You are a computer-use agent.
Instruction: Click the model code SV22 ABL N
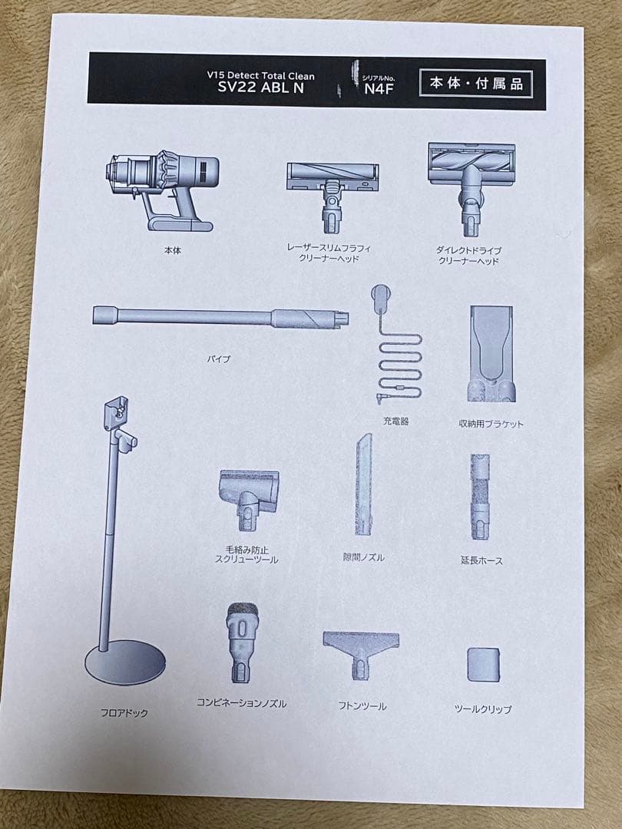(261, 88)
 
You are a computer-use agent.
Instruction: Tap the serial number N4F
(379, 89)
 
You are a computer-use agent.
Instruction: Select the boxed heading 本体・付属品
(475, 84)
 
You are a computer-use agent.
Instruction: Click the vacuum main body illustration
(162, 190)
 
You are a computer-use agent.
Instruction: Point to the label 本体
(173, 250)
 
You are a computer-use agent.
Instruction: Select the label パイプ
(218, 359)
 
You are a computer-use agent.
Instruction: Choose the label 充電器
(395, 421)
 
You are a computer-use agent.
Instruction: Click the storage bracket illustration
(491, 353)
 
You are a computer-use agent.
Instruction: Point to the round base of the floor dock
(125, 662)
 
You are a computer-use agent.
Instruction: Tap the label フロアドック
(124, 712)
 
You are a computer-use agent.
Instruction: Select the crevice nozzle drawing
(363, 484)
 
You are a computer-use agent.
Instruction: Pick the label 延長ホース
(481, 560)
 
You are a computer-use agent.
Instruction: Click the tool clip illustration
(484, 665)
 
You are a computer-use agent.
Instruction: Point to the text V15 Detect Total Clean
(261, 75)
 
